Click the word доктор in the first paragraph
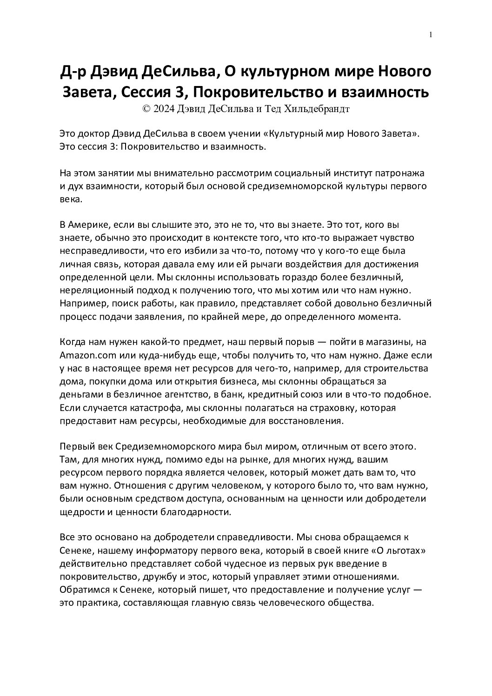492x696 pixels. (93, 134)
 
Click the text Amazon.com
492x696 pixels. (86, 356)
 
